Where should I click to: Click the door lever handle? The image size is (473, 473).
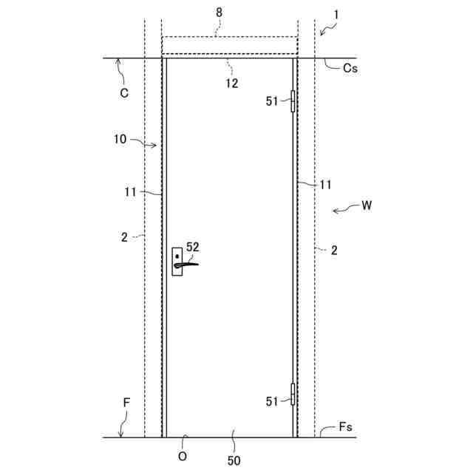tap(186, 265)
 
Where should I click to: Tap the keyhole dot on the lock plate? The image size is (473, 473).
tap(177, 256)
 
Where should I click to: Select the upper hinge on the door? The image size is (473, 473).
tap(293, 101)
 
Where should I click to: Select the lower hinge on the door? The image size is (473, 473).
tap(293, 394)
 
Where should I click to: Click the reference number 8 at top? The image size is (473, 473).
tap(219, 13)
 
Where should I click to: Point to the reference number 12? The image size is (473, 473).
tap(231, 84)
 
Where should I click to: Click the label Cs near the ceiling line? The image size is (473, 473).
tap(350, 68)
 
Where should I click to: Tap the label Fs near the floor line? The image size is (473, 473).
tap(345, 427)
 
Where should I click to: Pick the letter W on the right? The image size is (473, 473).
tap(367, 205)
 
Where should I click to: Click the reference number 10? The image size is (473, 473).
tap(120, 139)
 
